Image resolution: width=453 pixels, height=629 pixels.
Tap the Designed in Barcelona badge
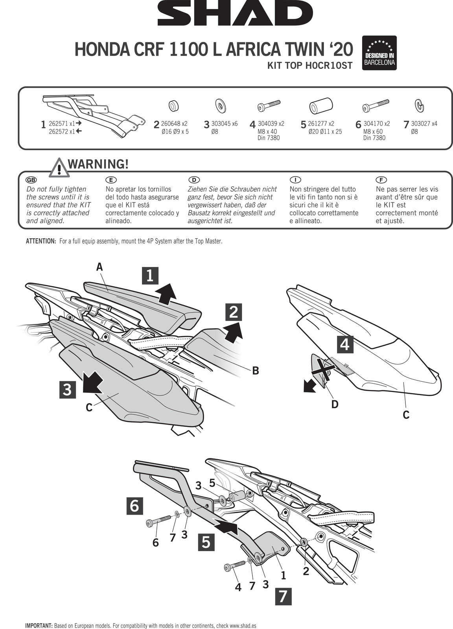click(379, 53)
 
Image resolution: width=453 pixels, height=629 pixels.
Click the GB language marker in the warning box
click(31, 180)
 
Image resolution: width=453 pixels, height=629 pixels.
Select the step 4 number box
click(344, 344)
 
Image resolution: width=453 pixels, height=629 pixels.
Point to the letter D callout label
click(335, 404)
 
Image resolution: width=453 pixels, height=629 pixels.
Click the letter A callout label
click(99, 267)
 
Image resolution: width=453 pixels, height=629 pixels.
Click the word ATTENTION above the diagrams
click(41, 241)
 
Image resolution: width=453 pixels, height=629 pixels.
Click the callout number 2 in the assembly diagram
click(306, 572)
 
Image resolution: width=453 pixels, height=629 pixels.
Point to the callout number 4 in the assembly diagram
click(238, 587)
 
